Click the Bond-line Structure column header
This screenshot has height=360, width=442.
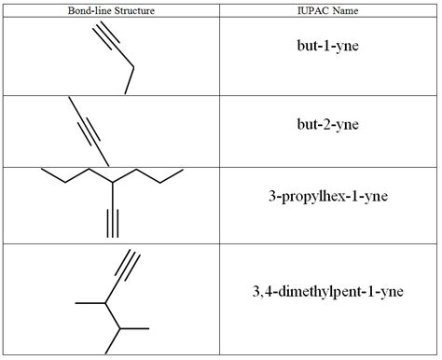pos(111,10)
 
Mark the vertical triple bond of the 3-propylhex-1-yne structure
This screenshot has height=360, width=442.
pos(112,222)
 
